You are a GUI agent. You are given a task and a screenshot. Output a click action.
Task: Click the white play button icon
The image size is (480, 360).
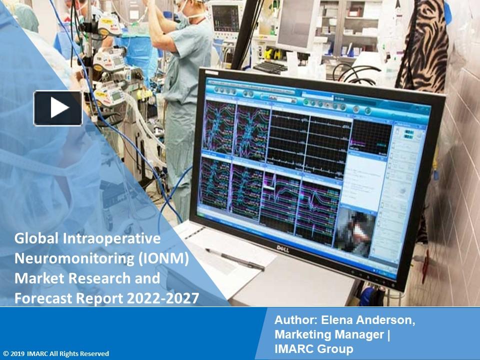(x=58, y=108)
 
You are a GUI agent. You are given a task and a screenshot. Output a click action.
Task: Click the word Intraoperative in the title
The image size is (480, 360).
(x=112, y=238)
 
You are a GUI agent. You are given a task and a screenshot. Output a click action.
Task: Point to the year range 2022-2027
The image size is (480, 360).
(x=162, y=298)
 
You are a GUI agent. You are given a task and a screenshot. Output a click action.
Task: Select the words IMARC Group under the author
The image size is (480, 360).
(x=313, y=348)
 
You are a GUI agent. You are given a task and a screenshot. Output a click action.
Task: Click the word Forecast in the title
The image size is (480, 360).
(x=43, y=298)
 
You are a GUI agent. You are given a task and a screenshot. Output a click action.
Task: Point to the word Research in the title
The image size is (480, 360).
(x=95, y=278)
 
